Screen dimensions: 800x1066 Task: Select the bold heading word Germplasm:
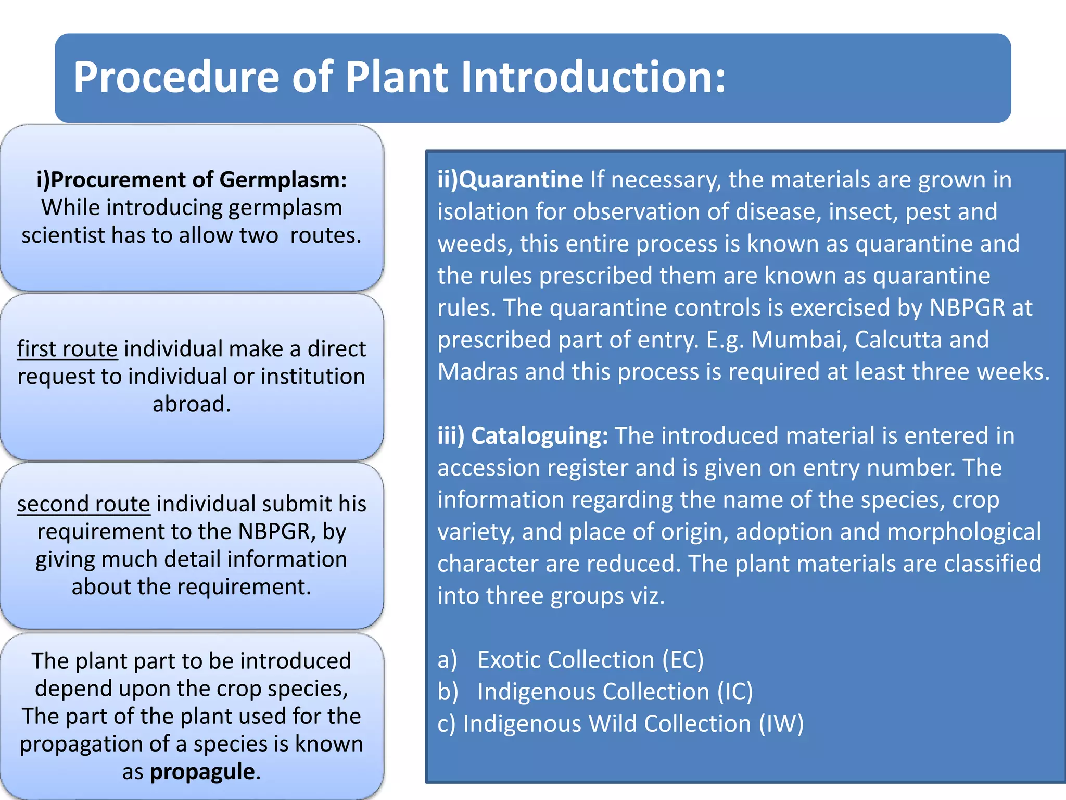(x=283, y=180)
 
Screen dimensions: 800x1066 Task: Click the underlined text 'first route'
(x=67, y=349)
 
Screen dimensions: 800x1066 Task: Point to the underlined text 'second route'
(x=83, y=504)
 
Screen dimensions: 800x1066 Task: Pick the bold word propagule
(x=203, y=771)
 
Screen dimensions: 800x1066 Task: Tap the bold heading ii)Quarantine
(x=510, y=180)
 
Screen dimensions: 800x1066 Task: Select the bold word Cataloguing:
(x=539, y=436)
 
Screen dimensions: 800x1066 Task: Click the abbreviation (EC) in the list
(x=683, y=660)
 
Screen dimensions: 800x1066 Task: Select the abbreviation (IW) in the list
(x=781, y=724)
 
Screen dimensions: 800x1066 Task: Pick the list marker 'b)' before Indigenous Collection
(x=448, y=692)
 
